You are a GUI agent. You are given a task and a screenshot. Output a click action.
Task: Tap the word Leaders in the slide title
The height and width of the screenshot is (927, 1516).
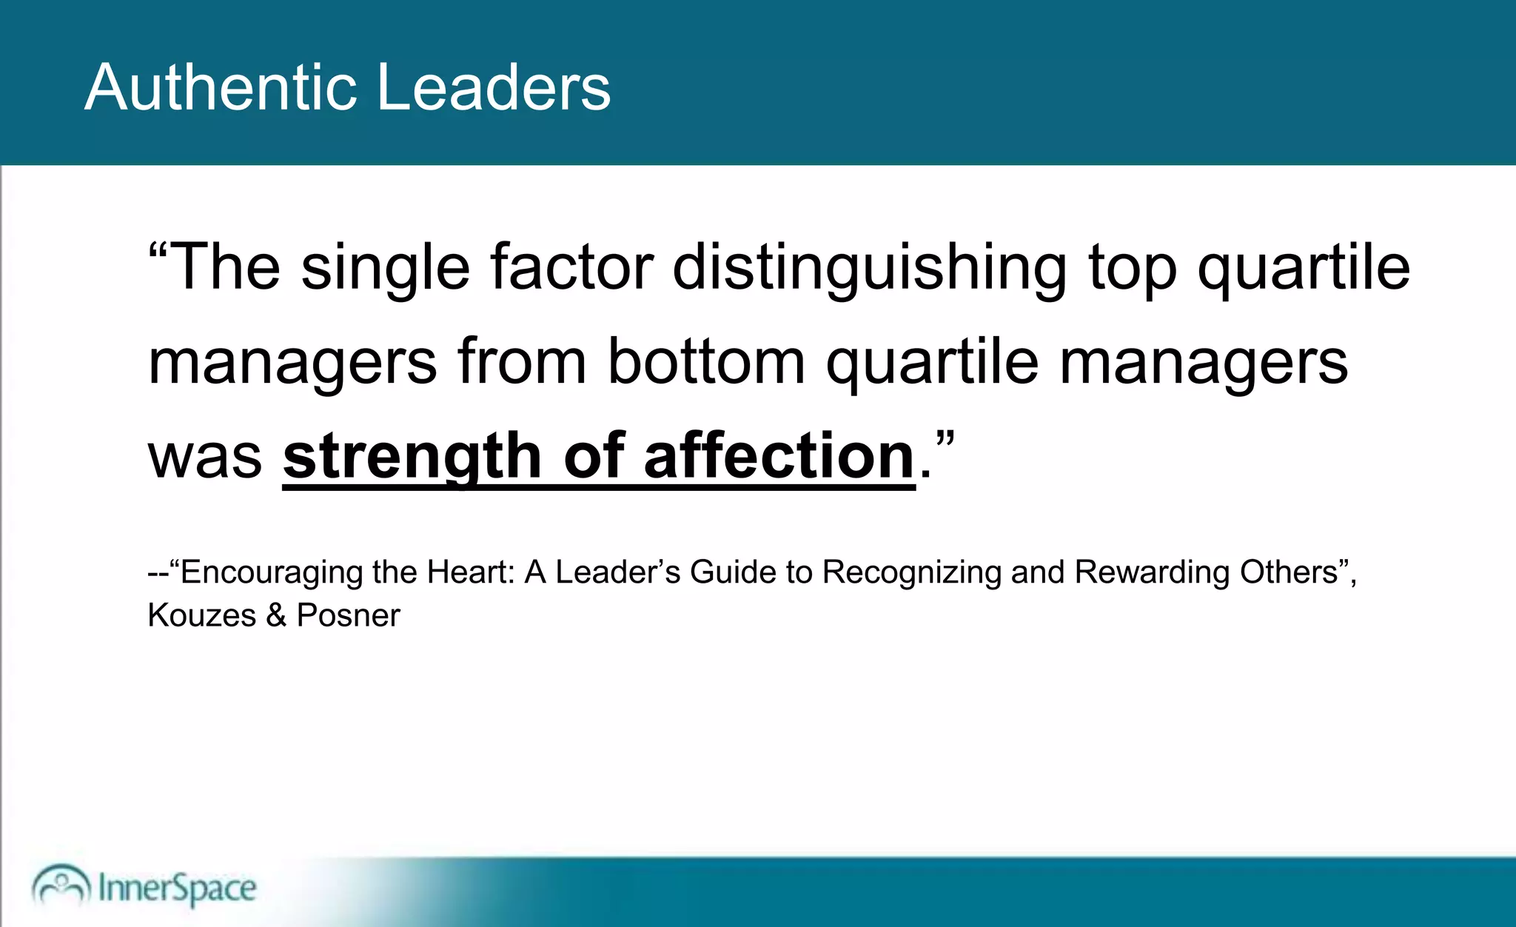click(x=494, y=87)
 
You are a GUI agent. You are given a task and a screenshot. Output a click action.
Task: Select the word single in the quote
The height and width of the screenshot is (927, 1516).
click(x=385, y=268)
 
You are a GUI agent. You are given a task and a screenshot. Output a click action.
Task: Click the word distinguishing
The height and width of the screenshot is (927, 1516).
click(x=870, y=268)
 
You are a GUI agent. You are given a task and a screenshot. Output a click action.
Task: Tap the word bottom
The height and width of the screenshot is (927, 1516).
click(x=706, y=361)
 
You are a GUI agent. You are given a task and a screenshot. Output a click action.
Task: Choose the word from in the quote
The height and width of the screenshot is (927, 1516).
click(x=522, y=361)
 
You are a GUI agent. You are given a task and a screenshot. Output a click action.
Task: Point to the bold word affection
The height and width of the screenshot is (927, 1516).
click(x=779, y=456)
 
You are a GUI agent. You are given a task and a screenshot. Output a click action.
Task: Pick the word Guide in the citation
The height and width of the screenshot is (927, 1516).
click(x=732, y=572)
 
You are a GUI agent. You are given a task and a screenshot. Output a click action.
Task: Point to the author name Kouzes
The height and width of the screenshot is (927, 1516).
click(x=201, y=615)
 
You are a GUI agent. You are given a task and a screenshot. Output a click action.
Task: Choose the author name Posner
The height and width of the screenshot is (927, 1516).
click(x=348, y=615)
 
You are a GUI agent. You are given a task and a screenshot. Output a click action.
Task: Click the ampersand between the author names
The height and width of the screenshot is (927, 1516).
click(x=276, y=615)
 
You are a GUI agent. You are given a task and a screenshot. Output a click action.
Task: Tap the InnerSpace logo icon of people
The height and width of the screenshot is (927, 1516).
click(x=61, y=885)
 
